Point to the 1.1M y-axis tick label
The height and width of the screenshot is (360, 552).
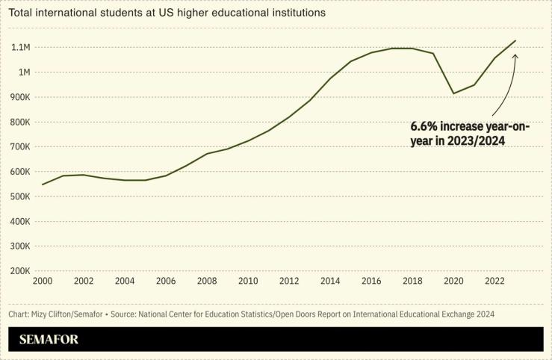tap(20, 48)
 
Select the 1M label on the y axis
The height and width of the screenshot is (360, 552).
tap(23, 72)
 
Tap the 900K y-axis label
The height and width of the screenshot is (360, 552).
tap(19, 97)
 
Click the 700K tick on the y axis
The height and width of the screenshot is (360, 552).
tap(19, 147)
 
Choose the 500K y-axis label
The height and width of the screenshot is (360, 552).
tap(19, 196)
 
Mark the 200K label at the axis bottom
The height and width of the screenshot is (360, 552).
tap(19, 271)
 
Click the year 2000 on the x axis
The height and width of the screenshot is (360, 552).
tap(42, 281)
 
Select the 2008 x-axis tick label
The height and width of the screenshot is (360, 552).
tap(207, 281)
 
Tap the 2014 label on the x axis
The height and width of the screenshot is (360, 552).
tap(330, 281)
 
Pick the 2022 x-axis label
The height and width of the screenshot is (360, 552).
tap(494, 281)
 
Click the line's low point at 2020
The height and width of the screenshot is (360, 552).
tap(453, 93)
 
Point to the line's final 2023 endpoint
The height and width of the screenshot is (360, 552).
tap(515, 41)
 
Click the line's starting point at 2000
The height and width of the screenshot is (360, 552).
tap(42, 184)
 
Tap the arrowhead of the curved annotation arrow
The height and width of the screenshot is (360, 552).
tap(515, 55)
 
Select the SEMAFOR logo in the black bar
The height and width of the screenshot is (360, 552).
tap(49, 340)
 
